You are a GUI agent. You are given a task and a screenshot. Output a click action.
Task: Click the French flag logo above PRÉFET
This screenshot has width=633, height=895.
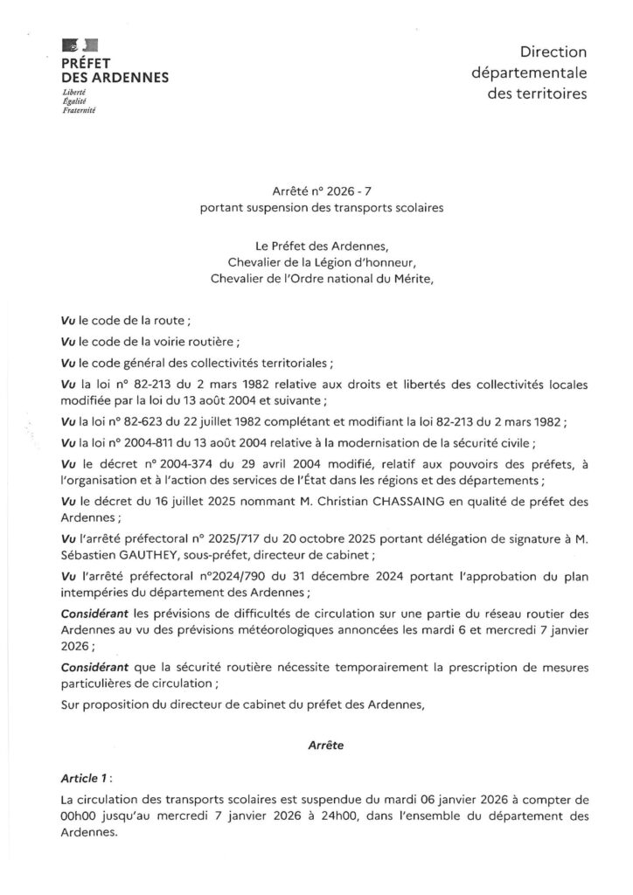pos(80,45)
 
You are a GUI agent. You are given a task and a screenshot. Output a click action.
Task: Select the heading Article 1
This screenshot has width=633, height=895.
pos(86,776)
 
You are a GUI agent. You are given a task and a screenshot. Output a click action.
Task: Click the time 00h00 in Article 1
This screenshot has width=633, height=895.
pos(79,815)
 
